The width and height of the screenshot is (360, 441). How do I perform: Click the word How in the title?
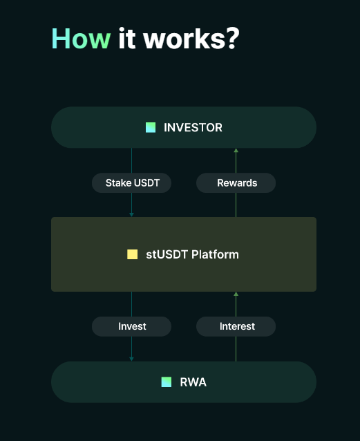(x=81, y=39)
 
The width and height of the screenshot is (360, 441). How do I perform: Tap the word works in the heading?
(x=184, y=39)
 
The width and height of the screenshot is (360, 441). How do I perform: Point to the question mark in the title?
(x=233, y=39)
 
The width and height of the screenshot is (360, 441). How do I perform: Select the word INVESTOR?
(x=193, y=127)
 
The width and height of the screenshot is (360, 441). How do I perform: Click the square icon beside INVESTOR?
(x=151, y=127)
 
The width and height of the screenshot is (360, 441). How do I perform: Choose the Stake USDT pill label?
(x=131, y=182)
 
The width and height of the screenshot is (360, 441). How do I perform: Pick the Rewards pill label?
(x=236, y=182)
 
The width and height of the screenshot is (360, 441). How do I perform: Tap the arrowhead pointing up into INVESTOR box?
(x=236, y=151)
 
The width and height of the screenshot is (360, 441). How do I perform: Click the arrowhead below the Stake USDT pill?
(x=131, y=214)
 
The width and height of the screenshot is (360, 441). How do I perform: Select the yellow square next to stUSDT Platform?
(x=132, y=254)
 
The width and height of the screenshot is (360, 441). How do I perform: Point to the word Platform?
(x=215, y=254)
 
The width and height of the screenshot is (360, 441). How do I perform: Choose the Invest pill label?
(x=131, y=326)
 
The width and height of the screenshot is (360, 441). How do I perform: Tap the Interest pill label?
(x=236, y=326)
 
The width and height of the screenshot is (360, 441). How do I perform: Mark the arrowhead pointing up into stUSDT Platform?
(x=236, y=294)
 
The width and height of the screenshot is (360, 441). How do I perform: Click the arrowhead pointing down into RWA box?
(x=131, y=359)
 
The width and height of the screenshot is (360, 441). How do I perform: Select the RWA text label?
(x=193, y=382)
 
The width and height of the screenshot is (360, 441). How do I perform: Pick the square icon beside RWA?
(x=167, y=382)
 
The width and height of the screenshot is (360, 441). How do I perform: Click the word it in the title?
(x=127, y=39)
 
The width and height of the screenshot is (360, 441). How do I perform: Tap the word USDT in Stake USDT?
(x=146, y=182)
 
